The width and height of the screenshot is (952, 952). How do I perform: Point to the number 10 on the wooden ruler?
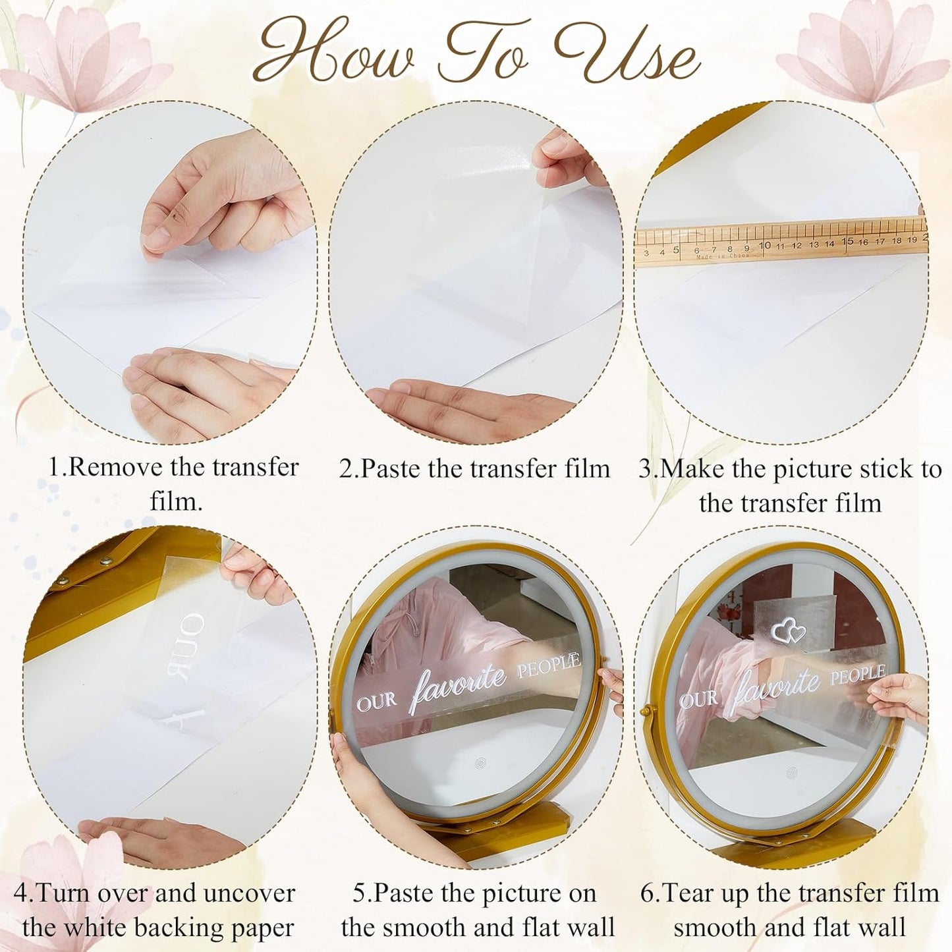coord(764,246)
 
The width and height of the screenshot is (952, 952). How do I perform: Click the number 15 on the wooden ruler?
coord(847,242)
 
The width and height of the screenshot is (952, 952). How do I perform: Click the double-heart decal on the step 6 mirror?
coord(789,632)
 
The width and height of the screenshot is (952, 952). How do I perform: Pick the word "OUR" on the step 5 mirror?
coord(377,702)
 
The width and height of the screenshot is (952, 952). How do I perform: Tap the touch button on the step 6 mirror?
coord(791,771)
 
